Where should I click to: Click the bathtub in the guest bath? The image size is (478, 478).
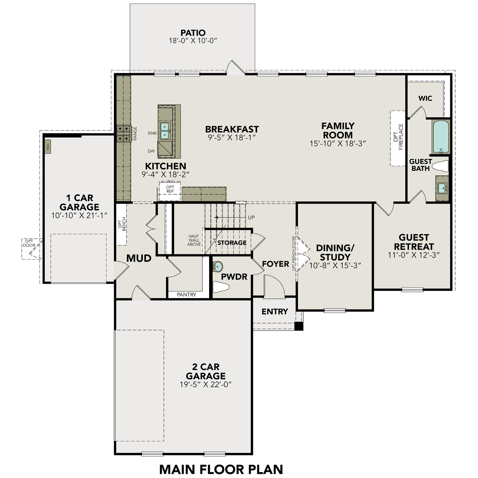441,137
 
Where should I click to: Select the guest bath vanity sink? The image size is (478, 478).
442,188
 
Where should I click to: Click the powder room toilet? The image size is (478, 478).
221,287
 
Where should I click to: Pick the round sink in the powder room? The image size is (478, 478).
218,266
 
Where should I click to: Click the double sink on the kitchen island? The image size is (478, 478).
165,131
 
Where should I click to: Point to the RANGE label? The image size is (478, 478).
135,134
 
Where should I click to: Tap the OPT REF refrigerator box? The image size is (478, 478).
170,189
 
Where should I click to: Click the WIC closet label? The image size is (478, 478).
425,98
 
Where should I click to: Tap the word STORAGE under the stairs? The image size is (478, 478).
232,243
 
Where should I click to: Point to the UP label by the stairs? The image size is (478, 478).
251,217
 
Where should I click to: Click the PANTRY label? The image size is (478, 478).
186,295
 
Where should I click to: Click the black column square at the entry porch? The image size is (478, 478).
298,326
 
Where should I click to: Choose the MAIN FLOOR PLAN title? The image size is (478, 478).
221,469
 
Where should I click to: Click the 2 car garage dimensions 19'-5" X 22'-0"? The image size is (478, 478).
205,385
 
